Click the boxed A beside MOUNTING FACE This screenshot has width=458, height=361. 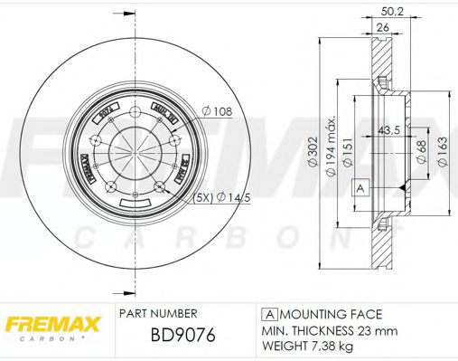(x=267, y=314)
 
